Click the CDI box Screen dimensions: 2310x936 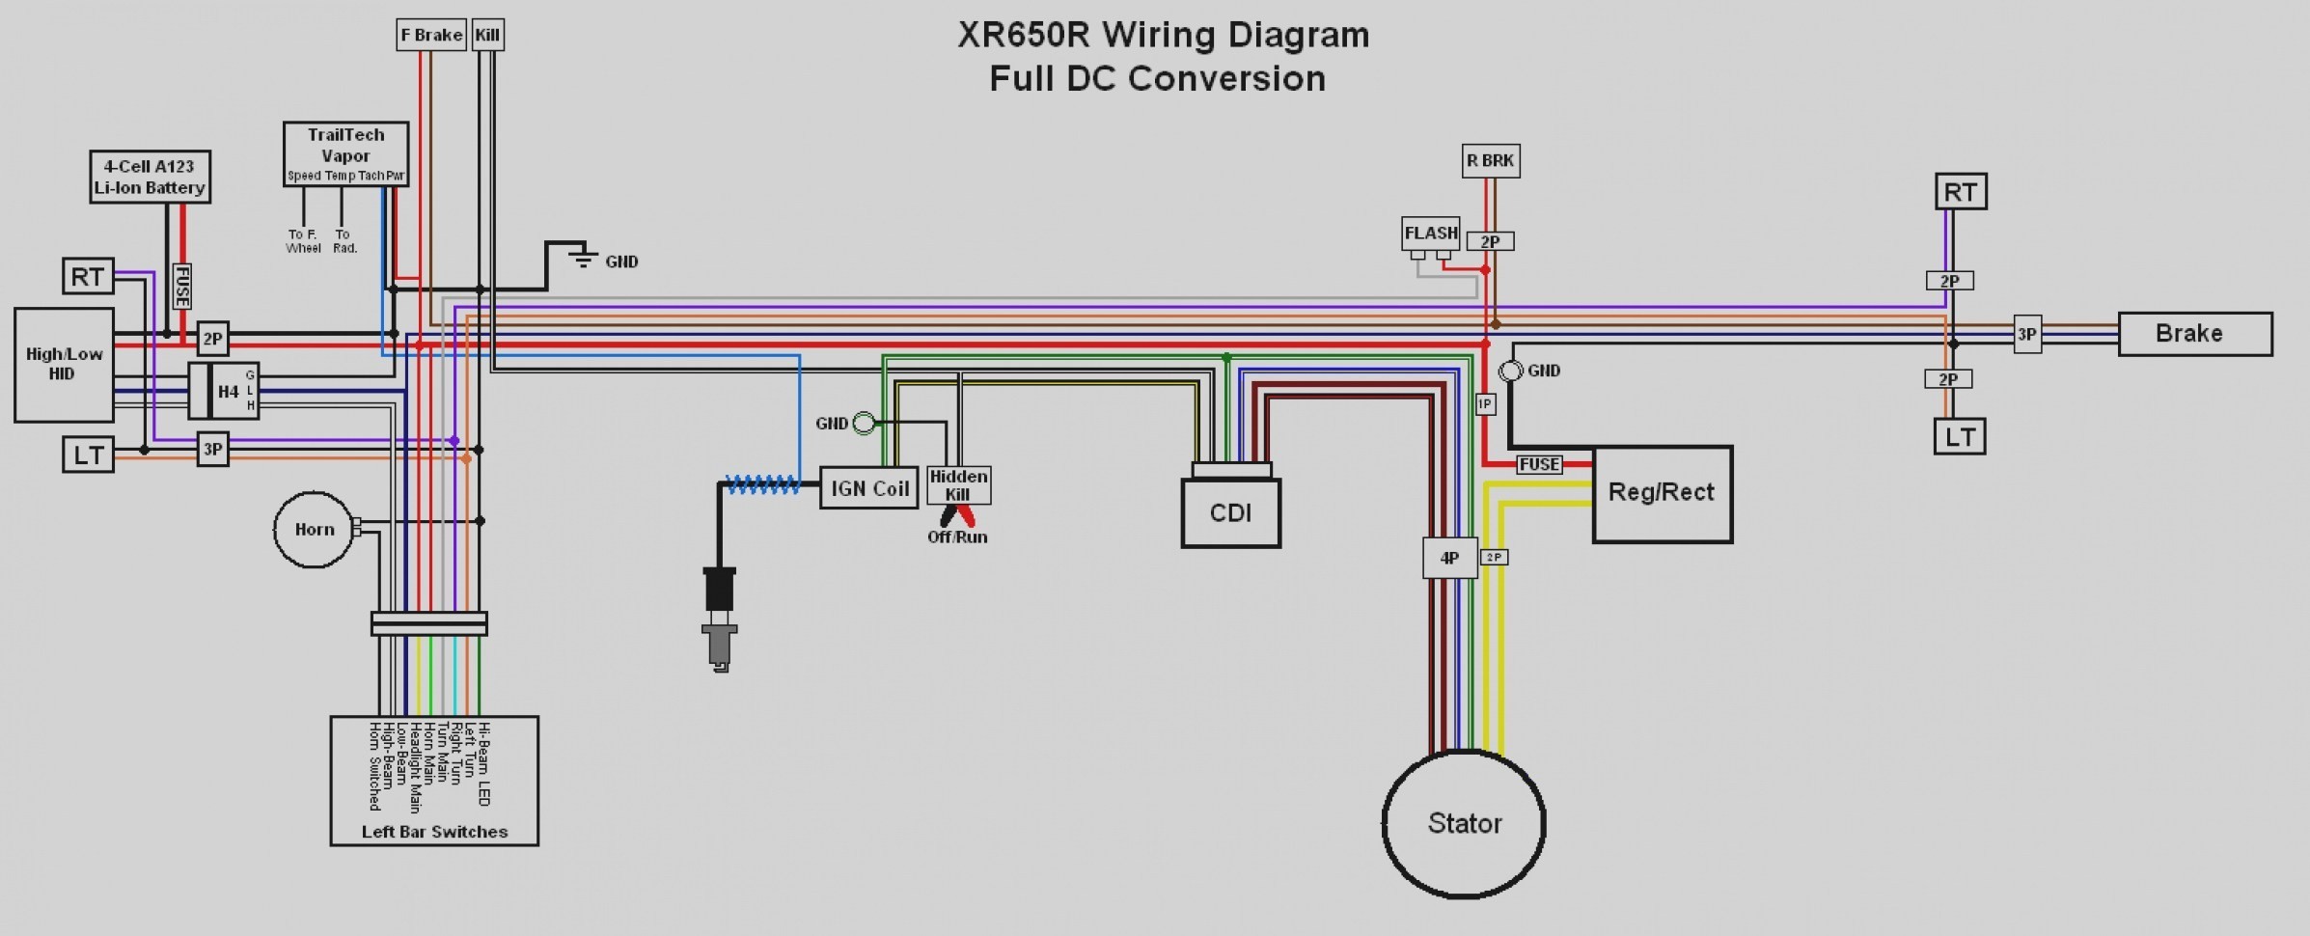point(1230,512)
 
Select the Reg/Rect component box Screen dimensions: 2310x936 point(1662,493)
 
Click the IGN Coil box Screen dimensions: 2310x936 point(868,488)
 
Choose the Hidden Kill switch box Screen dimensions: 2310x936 point(958,485)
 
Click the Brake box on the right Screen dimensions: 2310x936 point(2194,334)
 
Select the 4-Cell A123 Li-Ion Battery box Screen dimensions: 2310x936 point(150,177)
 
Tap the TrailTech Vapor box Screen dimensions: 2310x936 point(345,153)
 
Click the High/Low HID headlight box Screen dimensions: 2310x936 point(64,365)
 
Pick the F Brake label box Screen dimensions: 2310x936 point(431,35)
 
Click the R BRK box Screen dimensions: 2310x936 point(1491,160)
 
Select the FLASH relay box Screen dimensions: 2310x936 point(1430,234)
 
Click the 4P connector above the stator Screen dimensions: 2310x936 point(1449,558)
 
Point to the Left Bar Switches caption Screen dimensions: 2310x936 point(434,832)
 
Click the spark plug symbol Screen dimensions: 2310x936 point(720,619)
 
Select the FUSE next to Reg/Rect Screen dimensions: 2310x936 point(1538,464)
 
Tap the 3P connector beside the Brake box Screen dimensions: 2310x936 point(2026,335)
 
